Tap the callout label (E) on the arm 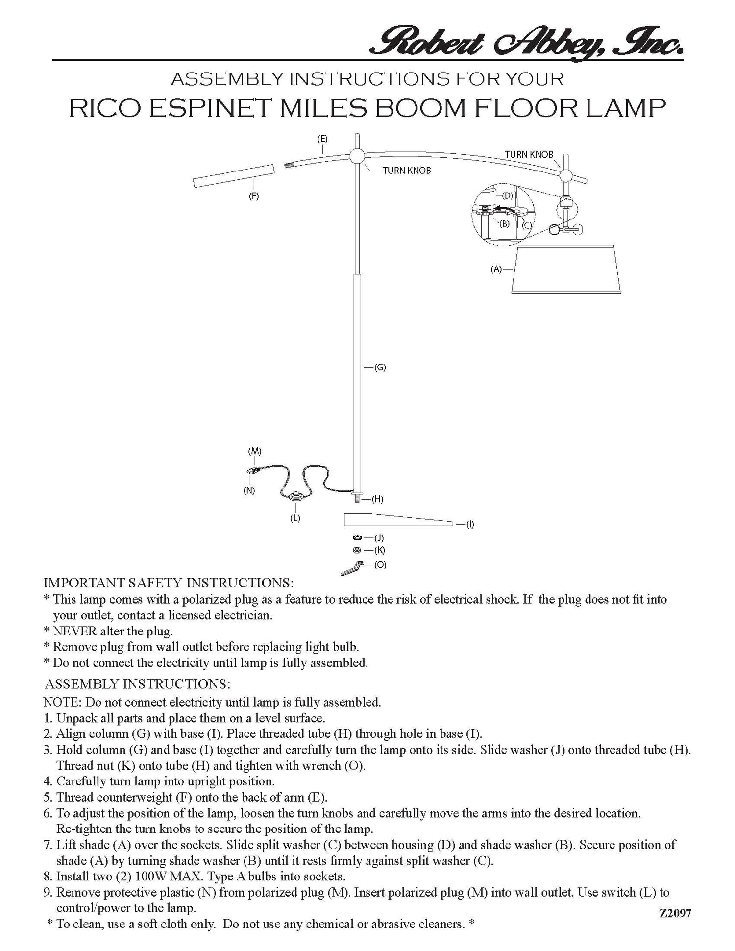(x=322, y=139)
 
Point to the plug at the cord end (x=253, y=471)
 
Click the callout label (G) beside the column (x=380, y=367)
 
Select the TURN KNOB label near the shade (x=529, y=154)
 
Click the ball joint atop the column (x=357, y=156)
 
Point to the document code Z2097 (x=675, y=913)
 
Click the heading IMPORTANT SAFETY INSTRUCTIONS (x=169, y=583)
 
